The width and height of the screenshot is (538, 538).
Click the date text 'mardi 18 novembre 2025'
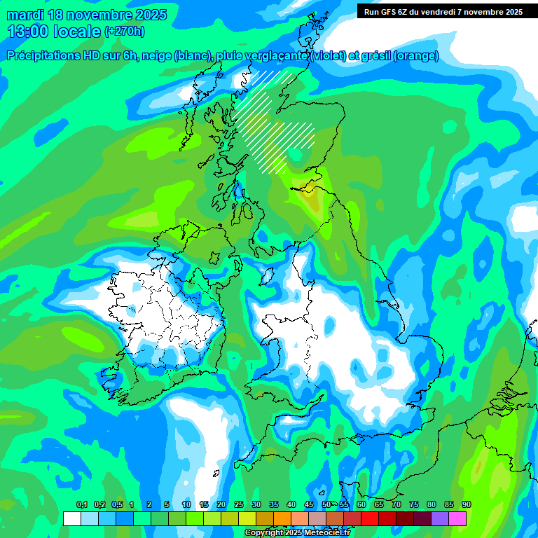click(87, 15)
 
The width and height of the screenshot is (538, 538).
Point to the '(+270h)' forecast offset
click(124, 31)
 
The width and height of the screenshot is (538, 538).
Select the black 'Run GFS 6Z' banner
click(443, 11)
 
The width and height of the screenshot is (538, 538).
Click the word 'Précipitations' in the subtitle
click(48, 56)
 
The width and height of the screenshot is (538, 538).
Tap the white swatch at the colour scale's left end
click(71, 518)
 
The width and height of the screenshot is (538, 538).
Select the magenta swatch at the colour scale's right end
click(457, 518)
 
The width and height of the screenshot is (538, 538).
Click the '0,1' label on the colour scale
click(81, 505)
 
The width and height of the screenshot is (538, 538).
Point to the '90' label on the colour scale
click(466, 505)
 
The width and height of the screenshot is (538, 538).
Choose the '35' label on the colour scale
click(273, 505)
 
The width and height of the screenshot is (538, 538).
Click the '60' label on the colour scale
click(361, 505)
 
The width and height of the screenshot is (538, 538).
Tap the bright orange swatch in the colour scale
click(282, 518)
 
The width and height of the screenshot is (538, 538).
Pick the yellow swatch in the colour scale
click(247, 518)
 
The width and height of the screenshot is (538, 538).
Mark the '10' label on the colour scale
click(186, 505)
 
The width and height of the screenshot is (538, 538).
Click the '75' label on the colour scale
click(413, 505)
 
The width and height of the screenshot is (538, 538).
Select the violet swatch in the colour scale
click(439, 518)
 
